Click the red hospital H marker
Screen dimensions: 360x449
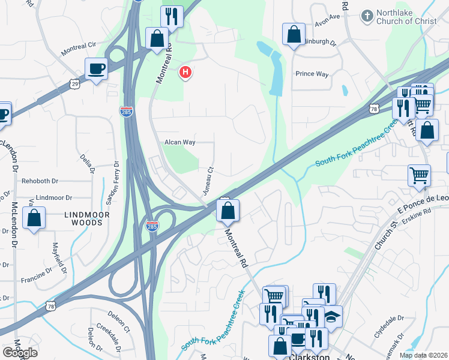pos(185,73)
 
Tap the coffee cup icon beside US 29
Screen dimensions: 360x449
pos(96,69)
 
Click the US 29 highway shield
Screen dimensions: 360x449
pos(74,83)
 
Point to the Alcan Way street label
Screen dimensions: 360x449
pos(180,142)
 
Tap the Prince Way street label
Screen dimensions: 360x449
pos(312,74)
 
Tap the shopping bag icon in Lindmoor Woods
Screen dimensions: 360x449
pos(34,218)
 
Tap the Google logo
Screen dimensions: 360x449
pos(20,352)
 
